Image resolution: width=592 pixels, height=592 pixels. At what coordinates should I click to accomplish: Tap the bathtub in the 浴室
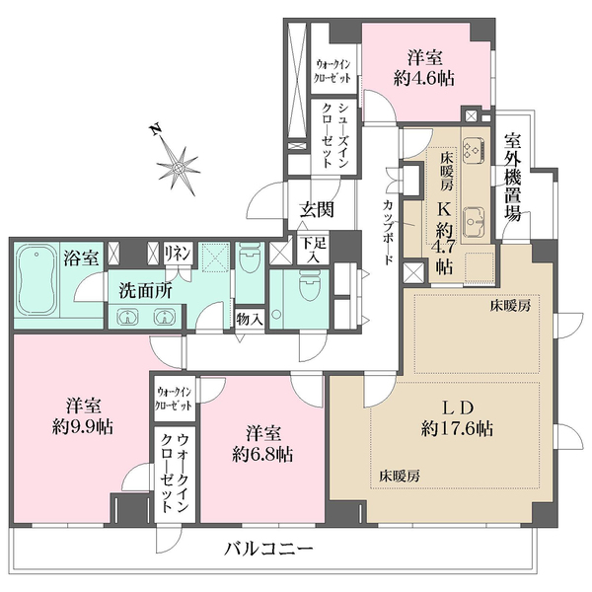pos(37,280)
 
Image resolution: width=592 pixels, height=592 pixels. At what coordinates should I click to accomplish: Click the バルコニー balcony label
pos(268,549)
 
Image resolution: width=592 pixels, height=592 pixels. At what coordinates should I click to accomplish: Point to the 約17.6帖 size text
pos(457,429)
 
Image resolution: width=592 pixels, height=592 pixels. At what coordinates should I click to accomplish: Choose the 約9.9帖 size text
pos(83,427)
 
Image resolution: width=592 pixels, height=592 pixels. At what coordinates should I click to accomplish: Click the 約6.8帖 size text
pos(262,455)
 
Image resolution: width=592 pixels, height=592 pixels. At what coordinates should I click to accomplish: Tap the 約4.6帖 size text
pos(424,79)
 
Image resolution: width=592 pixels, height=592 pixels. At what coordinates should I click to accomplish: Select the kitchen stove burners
pos(474,149)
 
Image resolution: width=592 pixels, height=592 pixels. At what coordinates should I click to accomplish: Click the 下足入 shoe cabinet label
pos(313,251)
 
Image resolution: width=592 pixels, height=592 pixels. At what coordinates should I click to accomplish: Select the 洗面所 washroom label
pos(145,291)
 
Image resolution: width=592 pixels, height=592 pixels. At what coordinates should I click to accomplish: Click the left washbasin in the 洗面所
pos(127,317)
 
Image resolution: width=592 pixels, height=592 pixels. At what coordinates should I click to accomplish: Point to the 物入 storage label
pos(250,320)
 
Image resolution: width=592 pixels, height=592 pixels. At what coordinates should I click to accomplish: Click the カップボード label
pos(388,233)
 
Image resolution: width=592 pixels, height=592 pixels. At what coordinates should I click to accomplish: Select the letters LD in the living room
pos(458,408)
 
